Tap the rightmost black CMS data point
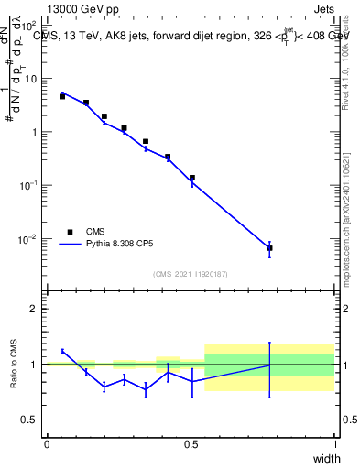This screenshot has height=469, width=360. point(269,248)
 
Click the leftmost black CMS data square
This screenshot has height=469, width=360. point(62,96)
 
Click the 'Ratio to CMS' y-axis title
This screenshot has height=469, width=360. point(15,365)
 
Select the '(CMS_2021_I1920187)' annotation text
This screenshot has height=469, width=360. point(190,273)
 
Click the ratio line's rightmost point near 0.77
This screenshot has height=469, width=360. point(269,365)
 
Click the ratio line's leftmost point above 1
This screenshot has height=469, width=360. point(62,351)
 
